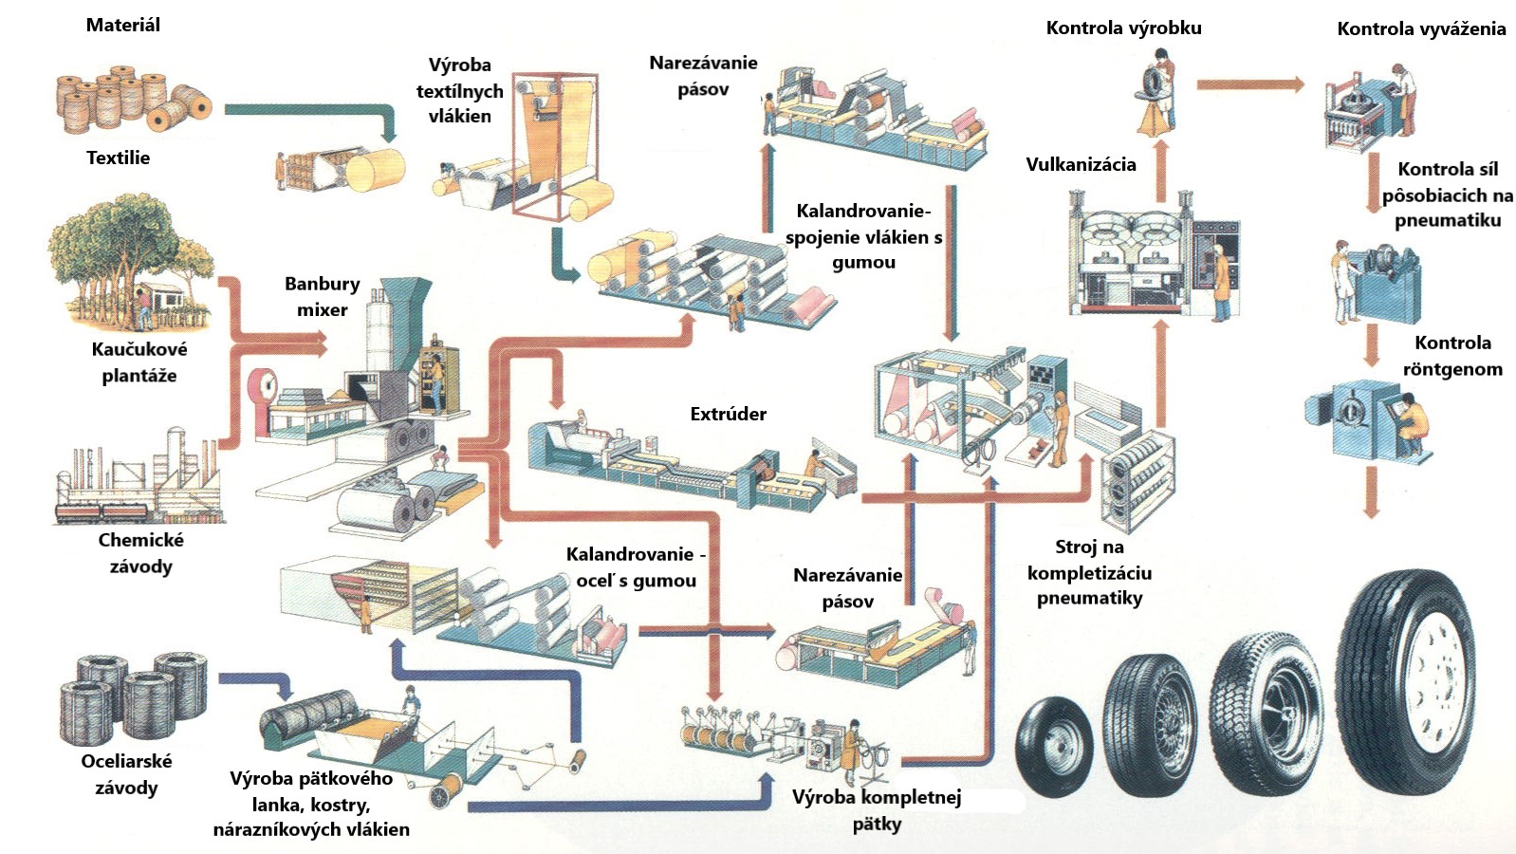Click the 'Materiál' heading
pos(123,26)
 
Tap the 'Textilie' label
pos(119,158)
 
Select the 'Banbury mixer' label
pos(323,296)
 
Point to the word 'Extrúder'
pos(728,414)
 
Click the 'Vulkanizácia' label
pos(1081,164)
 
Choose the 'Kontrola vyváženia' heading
pos(1421,28)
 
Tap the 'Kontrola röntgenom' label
pos(1452,356)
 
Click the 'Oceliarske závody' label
pos(126,774)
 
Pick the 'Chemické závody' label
pos(140,553)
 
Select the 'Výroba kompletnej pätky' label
pos(877,809)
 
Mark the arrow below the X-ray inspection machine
pos(1371,494)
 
